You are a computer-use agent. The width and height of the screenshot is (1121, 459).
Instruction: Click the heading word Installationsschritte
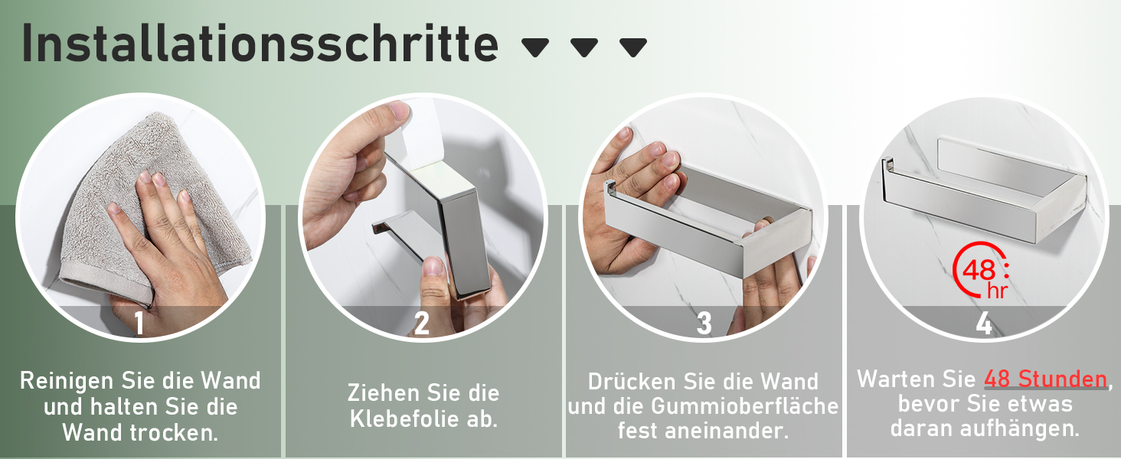click(260, 44)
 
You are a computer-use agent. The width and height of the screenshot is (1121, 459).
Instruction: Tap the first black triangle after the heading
click(535, 47)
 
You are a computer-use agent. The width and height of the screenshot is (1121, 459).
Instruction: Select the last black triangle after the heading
click(633, 47)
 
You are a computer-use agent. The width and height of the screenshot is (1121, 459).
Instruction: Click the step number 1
click(139, 323)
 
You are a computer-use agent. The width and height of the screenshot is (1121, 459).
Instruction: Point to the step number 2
click(421, 323)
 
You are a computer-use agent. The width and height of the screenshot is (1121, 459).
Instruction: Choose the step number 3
click(704, 323)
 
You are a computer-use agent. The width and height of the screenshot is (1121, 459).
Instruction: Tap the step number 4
click(984, 323)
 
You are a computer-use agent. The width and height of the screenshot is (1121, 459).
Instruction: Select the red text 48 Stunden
click(1045, 379)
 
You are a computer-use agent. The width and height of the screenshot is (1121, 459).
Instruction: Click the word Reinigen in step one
click(67, 380)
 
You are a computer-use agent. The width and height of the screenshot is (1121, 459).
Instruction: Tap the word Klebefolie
click(404, 419)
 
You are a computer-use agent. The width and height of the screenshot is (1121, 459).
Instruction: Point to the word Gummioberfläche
click(744, 406)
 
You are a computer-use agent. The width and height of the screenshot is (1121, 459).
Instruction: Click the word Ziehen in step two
click(379, 393)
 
